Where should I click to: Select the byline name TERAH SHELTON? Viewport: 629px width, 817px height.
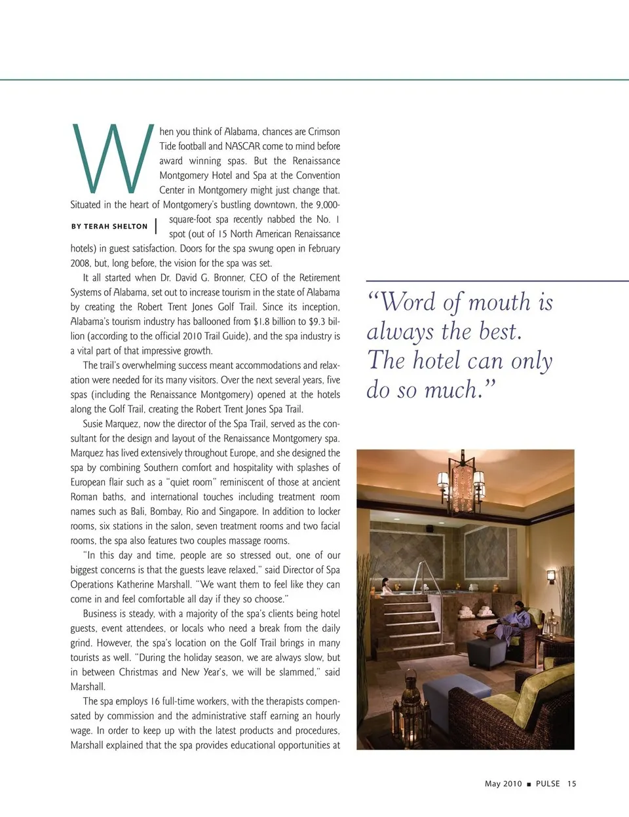click(115, 227)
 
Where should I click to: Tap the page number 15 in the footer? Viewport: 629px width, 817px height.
click(572, 784)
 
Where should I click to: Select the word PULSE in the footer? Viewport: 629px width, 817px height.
click(548, 784)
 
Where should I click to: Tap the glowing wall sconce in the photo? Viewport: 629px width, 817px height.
click(551, 577)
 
